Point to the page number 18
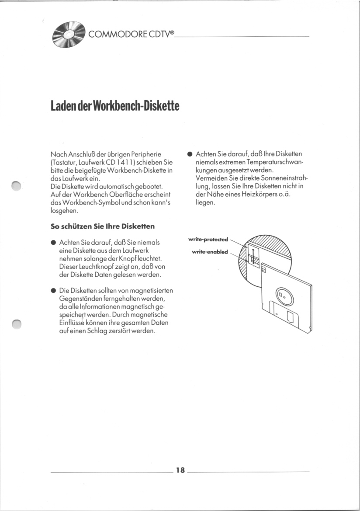point(180,470)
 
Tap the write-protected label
point(208,239)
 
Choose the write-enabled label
point(210,252)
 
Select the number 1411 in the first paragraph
point(124,162)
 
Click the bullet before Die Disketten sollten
point(53,290)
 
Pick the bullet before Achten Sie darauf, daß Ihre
point(190,154)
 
